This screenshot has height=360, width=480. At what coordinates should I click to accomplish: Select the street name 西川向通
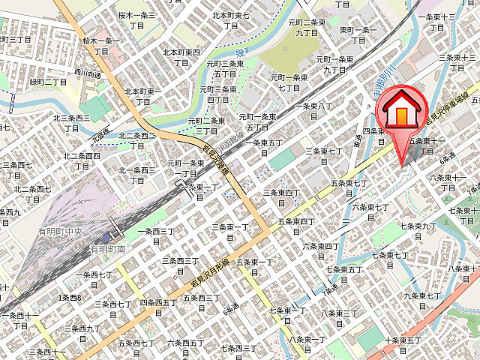87,75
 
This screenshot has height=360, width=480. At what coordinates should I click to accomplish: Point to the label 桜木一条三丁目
136,20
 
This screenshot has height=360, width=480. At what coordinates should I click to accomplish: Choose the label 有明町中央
64,233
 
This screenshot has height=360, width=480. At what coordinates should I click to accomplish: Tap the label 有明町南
107,248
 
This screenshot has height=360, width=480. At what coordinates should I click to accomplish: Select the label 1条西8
70,298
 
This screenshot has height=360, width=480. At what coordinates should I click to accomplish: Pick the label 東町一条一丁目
357,34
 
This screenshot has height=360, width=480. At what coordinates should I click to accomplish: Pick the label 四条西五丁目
158,307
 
